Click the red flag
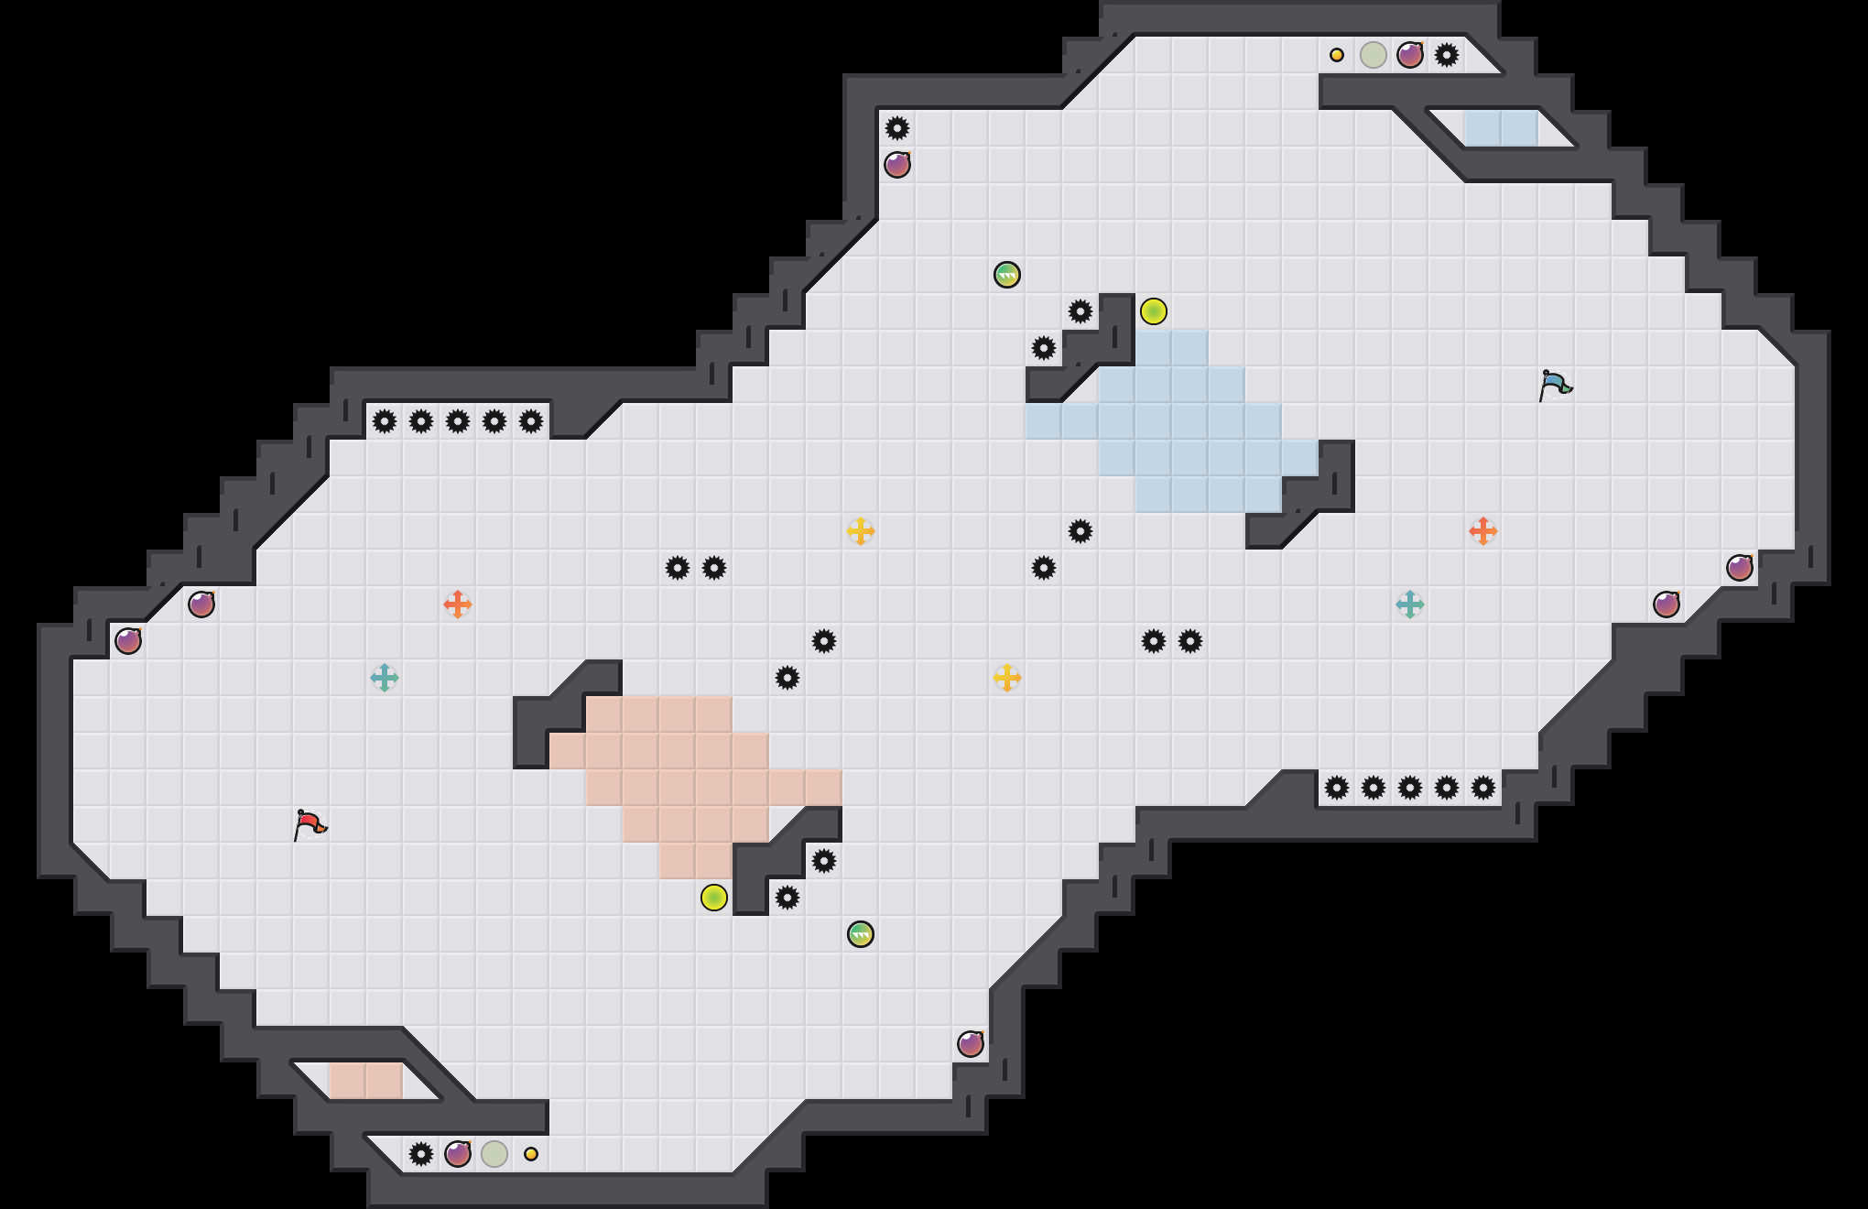310,824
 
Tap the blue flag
1555,385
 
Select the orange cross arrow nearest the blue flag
1483,531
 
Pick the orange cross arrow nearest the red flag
458,604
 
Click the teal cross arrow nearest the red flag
385,678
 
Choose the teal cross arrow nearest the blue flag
1410,604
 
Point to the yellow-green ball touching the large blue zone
1154,311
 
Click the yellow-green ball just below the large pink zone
714,898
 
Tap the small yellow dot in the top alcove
1337,55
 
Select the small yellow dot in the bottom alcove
531,1154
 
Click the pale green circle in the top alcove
1374,55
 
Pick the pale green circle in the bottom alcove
494,1154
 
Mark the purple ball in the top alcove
1410,55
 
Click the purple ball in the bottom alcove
458,1154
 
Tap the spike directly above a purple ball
897,128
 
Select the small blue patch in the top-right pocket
1502,128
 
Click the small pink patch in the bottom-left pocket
366,1081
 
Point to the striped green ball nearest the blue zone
1007,275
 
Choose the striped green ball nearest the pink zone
861,934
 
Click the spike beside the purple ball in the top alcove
1447,55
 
